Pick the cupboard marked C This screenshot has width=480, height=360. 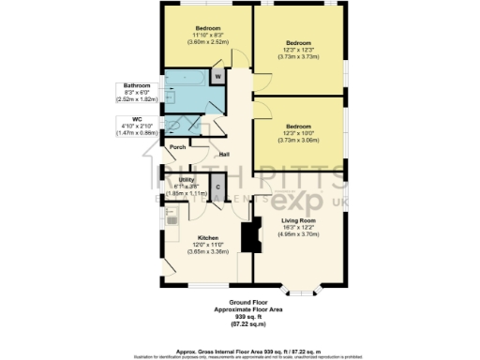click(217, 187)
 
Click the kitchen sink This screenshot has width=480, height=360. click(171, 217)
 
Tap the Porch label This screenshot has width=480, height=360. click(177, 147)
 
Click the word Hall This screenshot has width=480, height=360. click(225, 155)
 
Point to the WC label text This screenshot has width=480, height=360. click(137, 119)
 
